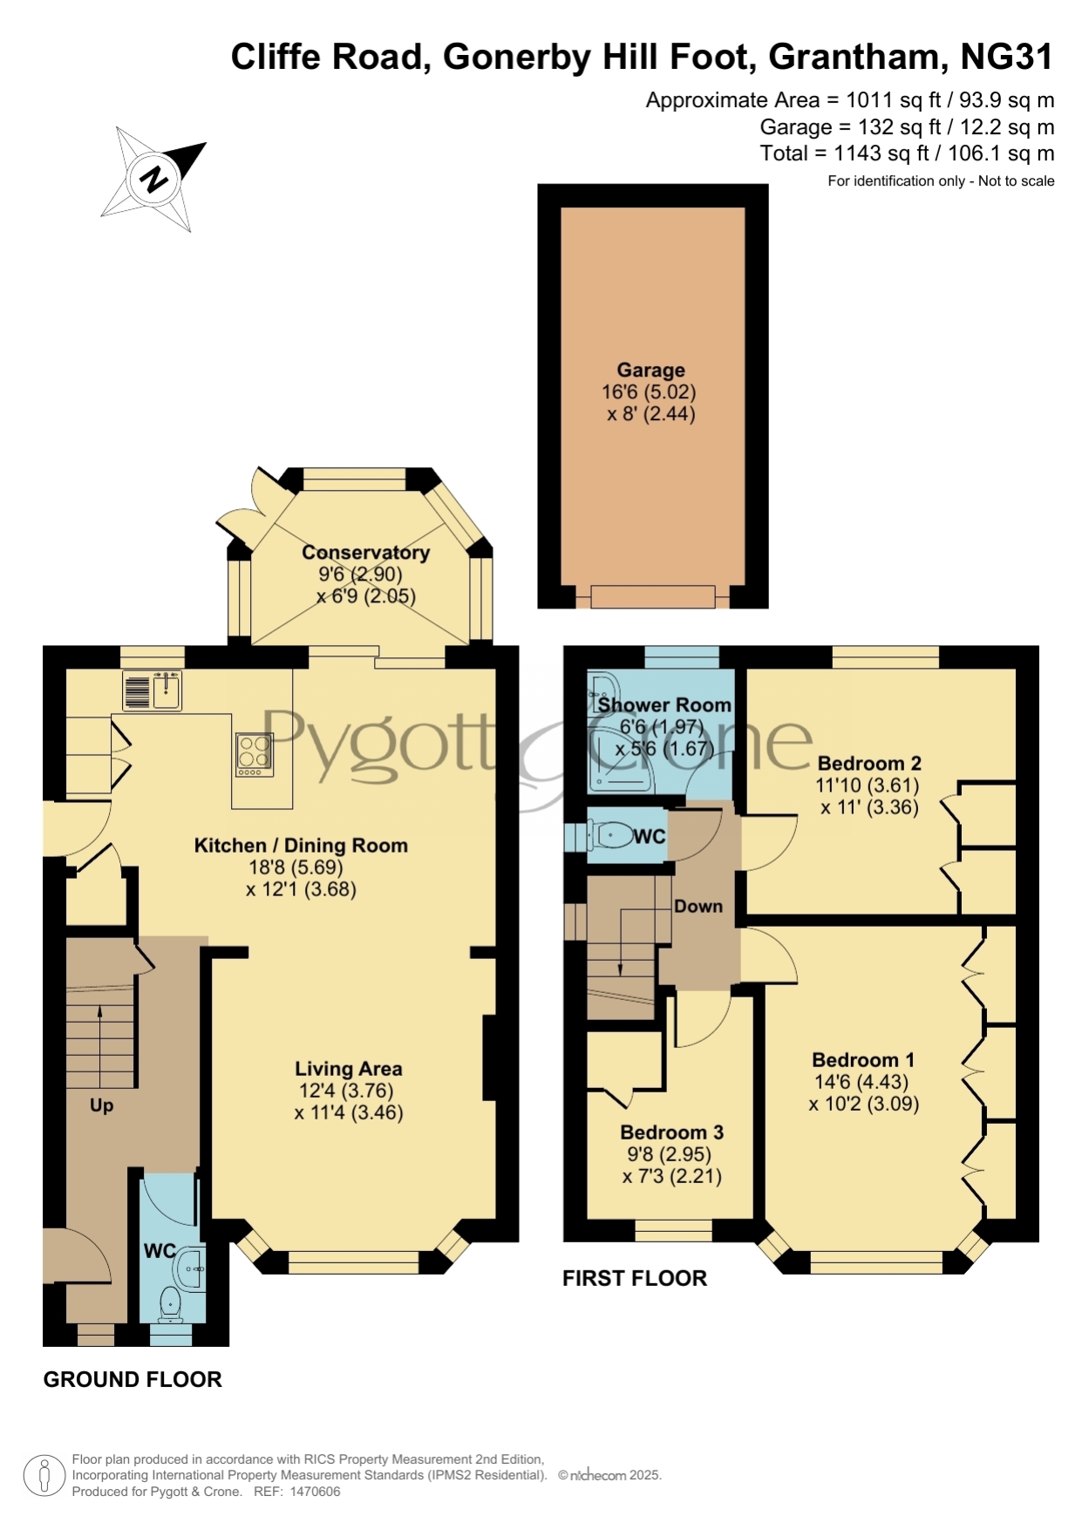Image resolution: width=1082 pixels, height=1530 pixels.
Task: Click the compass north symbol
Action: click(153, 179)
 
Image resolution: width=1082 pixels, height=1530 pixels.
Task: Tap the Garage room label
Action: click(651, 370)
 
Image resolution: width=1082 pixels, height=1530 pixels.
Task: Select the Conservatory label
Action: click(366, 553)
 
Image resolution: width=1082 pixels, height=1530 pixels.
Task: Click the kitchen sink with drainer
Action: click(153, 691)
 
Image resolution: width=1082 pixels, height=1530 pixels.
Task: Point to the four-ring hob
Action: click(254, 754)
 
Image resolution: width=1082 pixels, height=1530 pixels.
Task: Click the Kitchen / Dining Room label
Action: click(301, 846)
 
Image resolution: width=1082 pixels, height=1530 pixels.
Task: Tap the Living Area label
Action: click(349, 1069)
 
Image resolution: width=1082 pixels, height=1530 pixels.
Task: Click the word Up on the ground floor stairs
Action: click(102, 1105)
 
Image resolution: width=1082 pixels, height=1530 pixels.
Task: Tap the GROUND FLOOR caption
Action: click(133, 1379)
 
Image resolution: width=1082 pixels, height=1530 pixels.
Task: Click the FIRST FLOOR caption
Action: click(635, 1278)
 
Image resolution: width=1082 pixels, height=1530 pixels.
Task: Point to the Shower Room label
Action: click(664, 704)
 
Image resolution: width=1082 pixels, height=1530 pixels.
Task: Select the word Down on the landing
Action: click(698, 907)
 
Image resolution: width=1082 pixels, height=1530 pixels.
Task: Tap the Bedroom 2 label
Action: click(869, 764)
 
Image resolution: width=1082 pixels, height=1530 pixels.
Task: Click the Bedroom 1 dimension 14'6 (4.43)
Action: click(861, 1082)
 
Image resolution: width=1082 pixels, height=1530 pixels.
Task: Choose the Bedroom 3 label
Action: click(672, 1132)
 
